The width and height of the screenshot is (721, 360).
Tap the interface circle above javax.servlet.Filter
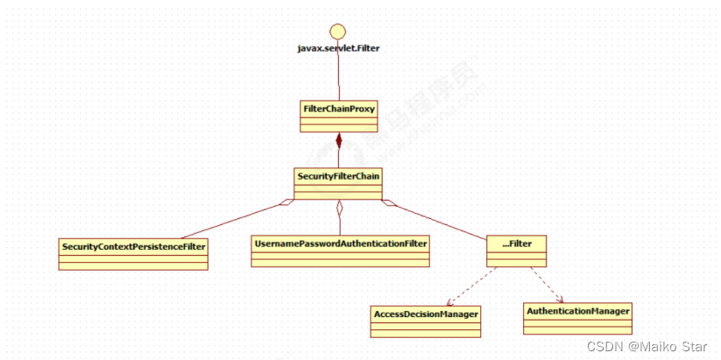click(x=338, y=25)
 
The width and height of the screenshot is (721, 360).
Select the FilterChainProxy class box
click(x=338, y=116)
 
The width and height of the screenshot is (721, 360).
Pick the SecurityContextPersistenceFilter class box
click(x=134, y=254)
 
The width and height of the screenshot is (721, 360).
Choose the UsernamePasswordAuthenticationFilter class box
click(x=340, y=251)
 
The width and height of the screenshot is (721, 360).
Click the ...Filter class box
click(x=517, y=251)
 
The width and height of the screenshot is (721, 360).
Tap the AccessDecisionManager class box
click(x=427, y=321)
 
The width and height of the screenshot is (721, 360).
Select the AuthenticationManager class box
click(x=577, y=319)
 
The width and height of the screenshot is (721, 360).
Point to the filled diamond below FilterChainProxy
click(x=338, y=141)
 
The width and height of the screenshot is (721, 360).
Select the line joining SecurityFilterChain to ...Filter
click(x=438, y=220)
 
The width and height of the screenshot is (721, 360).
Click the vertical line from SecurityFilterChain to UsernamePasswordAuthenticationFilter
click(x=338, y=221)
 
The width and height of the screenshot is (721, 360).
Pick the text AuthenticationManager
click(x=577, y=310)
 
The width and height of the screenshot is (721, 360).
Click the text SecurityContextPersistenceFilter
click(x=134, y=246)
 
